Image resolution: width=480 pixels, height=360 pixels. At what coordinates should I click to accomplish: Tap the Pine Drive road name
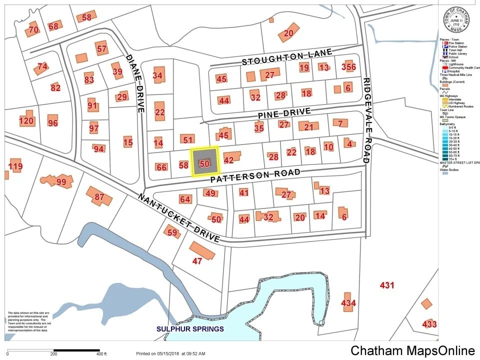(x=284, y=114)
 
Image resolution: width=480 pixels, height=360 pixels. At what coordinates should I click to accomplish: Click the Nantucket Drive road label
(x=178, y=218)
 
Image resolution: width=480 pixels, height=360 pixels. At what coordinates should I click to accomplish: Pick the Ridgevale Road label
(x=366, y=120)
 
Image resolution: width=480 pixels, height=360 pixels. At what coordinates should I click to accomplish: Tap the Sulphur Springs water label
(x=190, y=329)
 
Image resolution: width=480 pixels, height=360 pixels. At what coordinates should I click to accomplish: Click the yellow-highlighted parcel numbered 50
(x=204, y=161)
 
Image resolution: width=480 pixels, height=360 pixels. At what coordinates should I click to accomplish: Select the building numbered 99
(x=60, y=181)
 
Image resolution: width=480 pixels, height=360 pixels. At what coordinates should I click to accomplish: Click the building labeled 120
(x=26, y=120)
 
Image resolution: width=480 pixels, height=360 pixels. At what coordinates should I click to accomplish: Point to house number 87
(x=99, y=196)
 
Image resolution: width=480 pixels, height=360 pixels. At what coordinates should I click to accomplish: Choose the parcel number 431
(x=387, y=285)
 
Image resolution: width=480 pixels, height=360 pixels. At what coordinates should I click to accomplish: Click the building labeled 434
(x=348, y=303)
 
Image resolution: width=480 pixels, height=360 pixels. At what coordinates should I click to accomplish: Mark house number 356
(x=348, y=67)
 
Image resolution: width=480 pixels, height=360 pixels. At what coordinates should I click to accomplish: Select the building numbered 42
(x=229, y=160)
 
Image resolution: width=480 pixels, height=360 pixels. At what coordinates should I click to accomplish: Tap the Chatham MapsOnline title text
(x=412, y=350)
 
